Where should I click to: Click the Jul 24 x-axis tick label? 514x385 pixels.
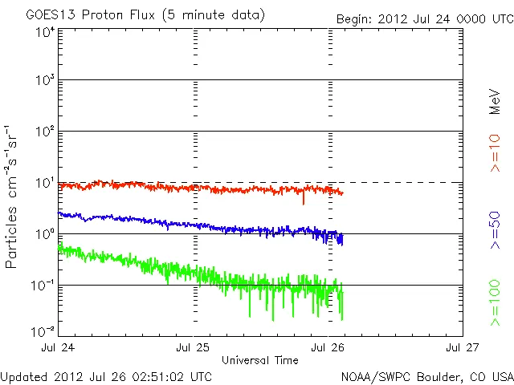tap(59, 348)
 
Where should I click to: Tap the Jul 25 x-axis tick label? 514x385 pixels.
tap(194, 348)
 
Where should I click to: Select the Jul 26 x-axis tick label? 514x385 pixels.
tap(328, 348)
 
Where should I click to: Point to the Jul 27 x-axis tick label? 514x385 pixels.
tap(462, 348)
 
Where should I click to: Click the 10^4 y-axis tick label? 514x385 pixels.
tap(45, 31)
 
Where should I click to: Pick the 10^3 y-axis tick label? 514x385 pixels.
tap(45, 81)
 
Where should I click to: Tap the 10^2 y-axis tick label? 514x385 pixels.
tap(45, 132)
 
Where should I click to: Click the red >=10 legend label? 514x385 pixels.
tap(496, 152)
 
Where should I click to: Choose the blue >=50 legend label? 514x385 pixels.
tap(496, 229)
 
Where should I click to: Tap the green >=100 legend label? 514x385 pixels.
tap(496, 304)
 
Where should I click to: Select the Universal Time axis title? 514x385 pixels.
tap(260, 360)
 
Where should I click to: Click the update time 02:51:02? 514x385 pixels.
tap(159, 375)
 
